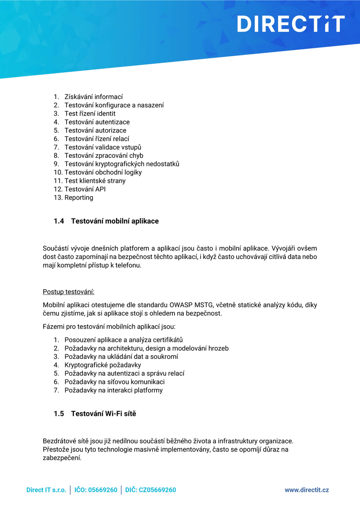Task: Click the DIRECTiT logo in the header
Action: (291, 24)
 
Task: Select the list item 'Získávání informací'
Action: (94, 97)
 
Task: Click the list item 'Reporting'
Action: (79, 197)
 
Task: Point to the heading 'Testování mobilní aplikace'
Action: (115, 221)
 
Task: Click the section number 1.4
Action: (59, 221)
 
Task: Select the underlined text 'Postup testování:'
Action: (68, 291)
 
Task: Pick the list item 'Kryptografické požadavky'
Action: (103, 365)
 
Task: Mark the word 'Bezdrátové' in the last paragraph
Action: (58, 441)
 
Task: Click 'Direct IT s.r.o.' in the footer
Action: (46, 490)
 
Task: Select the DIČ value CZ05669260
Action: (157, 490)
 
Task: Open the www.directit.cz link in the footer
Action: (306, 490)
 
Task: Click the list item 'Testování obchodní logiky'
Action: (103, 172)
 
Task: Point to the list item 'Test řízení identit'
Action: (90, 113)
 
